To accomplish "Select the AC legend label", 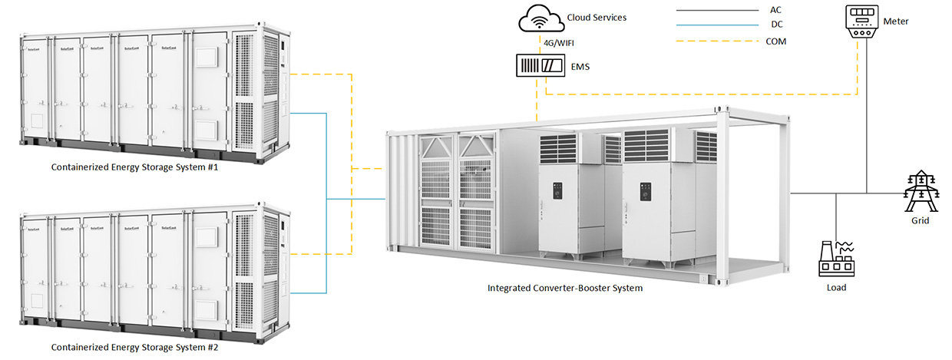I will [775, 11].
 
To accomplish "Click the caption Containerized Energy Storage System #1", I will [134, 167].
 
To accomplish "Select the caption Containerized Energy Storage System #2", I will [134, 348].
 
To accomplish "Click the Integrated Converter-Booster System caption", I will [565, 289].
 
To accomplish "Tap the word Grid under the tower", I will [920, 220].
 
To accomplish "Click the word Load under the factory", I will [836, 288].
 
